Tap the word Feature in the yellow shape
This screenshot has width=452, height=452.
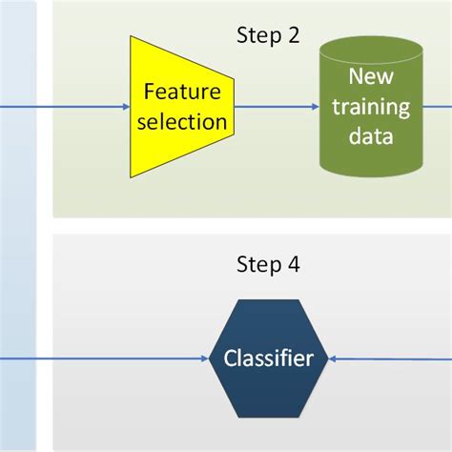[183, 92]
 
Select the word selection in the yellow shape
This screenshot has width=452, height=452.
[183, 122]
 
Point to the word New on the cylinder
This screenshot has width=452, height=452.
[370, 76]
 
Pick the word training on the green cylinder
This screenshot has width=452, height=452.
[370, 107]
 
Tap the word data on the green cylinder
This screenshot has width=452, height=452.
[370, 137]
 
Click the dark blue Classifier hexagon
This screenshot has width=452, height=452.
[269, 359]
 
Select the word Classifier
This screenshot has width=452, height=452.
[269, 359]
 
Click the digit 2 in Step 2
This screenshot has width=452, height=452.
[292, 35]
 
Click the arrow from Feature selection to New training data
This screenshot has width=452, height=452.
[277, 107]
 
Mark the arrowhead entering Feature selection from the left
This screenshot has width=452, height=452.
[125, 107]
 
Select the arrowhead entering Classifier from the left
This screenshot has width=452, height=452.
[204, 359]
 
